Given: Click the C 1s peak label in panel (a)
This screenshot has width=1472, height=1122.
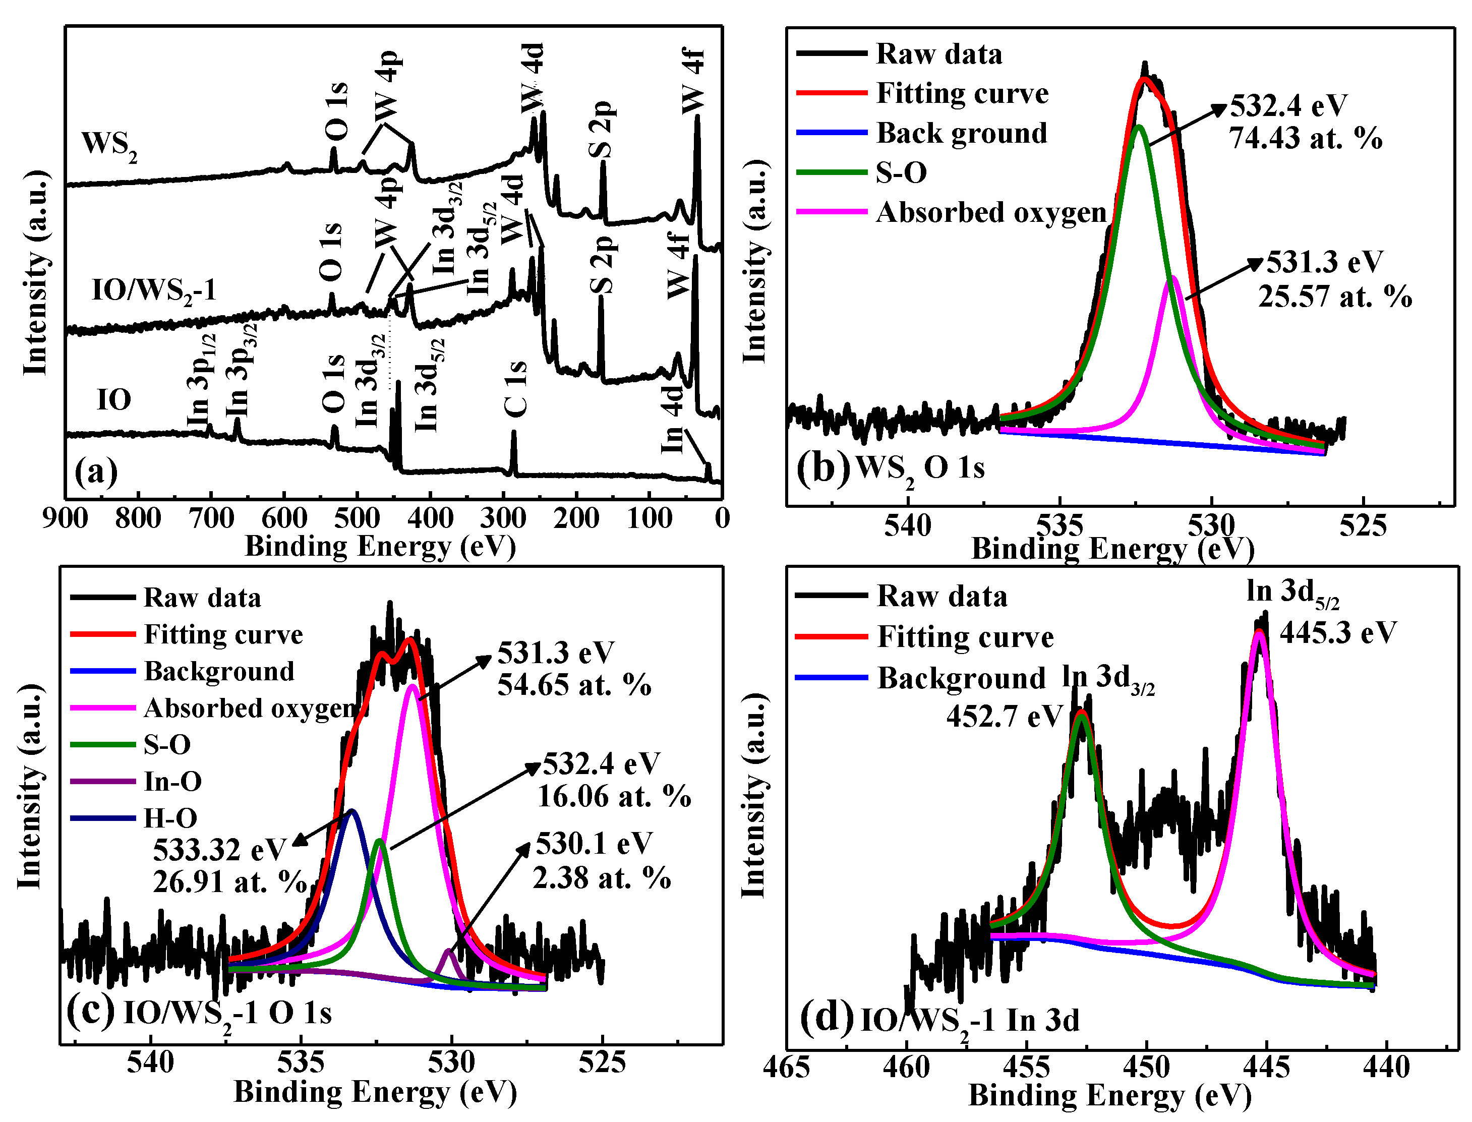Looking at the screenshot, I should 515,389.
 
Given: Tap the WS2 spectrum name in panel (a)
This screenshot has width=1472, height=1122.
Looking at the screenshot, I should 109,144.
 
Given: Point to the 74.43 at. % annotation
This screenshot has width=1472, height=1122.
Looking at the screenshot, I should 1305,138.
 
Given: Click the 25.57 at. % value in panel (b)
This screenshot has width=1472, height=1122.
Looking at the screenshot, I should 1334,297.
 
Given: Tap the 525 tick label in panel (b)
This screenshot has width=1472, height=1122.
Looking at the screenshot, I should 1363,527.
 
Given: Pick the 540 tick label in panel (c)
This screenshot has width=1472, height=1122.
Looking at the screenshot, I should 150,1062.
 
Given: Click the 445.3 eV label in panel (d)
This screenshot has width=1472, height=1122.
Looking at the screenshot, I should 1337,632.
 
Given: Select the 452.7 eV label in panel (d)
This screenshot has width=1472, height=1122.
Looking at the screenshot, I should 1003,717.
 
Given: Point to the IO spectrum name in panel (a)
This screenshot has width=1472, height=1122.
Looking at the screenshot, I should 113,400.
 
